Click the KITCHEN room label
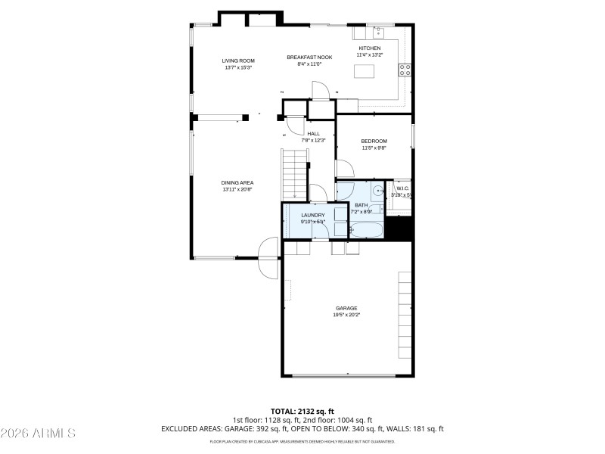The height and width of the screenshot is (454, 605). [369, 48]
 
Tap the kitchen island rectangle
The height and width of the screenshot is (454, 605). [365, 72]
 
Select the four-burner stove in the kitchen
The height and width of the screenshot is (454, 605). [405, 70]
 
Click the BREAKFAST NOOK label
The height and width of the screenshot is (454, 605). [309, 58]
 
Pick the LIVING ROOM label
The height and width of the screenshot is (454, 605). [237, 61]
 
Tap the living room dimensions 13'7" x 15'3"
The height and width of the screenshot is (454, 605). [237, 68]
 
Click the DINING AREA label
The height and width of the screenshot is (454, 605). [237, 183]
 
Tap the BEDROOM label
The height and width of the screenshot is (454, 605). [374, 141]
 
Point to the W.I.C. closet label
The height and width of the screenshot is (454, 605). [402, 188]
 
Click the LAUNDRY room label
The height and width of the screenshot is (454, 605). [312, 216]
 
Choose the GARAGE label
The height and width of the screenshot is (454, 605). [346, 308]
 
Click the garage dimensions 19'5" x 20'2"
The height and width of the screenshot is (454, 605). [346, 315]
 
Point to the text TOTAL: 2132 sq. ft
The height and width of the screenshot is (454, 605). [302, 411]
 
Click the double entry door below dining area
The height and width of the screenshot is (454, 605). [268, 257]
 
